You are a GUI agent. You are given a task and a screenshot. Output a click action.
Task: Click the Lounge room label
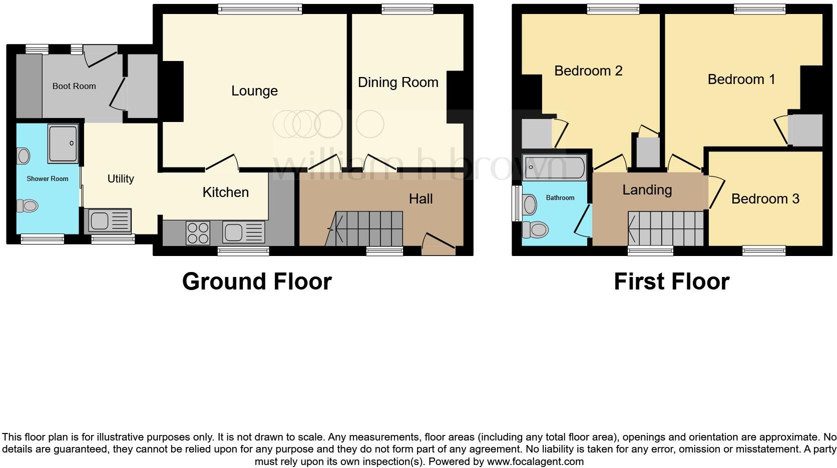[254, 91]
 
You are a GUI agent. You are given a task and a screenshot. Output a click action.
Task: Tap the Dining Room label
[398, 82]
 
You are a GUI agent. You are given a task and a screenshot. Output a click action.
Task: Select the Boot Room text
[74, 86]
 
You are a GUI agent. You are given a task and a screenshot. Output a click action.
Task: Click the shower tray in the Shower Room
[63, 143]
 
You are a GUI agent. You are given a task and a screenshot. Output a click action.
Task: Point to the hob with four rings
[198, 233]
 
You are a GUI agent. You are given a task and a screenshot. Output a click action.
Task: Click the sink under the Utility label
[110, 221]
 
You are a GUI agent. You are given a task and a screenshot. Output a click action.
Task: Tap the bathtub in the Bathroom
[554, 167]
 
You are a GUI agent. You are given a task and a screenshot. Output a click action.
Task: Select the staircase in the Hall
[368, 228]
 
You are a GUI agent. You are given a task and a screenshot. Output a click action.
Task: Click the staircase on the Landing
[666, 228]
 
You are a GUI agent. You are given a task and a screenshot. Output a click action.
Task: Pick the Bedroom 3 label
[765, 199]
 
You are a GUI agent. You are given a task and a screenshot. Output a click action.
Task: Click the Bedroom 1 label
[741, 79]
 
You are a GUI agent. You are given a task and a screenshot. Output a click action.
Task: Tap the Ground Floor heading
[257, 281]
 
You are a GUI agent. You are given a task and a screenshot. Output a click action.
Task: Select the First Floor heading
[671, 281]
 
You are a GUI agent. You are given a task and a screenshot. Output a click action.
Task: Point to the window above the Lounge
[260, 8]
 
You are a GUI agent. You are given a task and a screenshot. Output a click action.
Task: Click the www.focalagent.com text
[535, 461]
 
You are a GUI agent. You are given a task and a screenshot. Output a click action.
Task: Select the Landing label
[647, 190]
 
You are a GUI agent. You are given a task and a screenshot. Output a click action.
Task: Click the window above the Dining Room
[407, 8]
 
